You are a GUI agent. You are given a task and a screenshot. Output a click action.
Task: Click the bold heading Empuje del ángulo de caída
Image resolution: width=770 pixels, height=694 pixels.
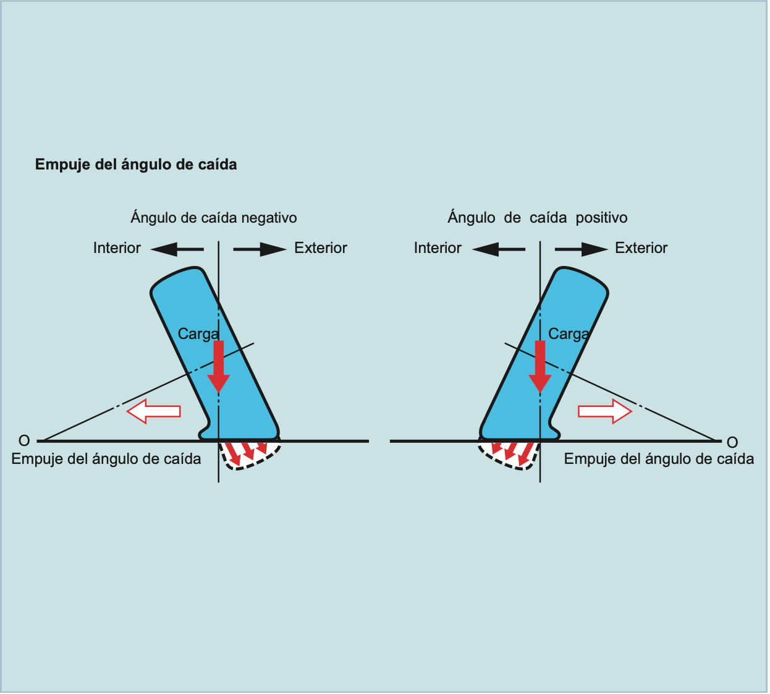tap(136, 165)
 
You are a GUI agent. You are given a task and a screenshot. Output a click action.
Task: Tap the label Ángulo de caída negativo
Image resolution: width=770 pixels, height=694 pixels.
tap(214, 218)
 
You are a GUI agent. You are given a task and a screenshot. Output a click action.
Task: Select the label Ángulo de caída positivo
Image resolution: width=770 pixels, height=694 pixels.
tap(538, 218)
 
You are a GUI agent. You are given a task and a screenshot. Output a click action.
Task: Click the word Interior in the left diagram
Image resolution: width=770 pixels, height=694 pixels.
tap(117, 248)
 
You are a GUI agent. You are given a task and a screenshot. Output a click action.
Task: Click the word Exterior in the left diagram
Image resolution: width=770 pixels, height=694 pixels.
tap(321, 248)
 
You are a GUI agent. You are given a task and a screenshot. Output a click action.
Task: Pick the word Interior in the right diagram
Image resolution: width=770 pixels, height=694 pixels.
tap(438, 248)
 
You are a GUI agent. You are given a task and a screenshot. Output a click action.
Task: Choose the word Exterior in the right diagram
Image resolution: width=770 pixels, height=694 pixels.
tap(641, 248)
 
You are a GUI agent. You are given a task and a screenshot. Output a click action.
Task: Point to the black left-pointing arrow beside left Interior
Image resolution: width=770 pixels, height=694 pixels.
tap(177, 249)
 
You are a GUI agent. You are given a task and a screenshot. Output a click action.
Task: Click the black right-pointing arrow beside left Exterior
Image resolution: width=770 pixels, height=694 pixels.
tap(260, 249)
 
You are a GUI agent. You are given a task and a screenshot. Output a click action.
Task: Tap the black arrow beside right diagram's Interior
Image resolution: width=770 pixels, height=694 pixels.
tap(498, 249)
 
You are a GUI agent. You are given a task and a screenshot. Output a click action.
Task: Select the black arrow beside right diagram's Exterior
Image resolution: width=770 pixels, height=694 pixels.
tap(581, 249)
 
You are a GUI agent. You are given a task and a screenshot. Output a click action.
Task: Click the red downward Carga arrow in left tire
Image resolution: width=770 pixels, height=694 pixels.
tap(218, 366)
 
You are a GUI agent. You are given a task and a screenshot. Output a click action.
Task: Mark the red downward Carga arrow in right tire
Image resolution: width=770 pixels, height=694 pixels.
tap(540, 366)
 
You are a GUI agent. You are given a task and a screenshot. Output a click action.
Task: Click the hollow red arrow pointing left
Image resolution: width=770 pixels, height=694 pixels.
tap(153, 411)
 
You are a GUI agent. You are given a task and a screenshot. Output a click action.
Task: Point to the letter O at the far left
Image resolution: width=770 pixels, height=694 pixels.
tap(24, 441)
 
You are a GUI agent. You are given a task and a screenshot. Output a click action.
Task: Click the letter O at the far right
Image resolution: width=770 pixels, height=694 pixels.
tap(732, 442)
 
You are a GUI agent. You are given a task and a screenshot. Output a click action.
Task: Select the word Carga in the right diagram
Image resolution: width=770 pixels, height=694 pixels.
tap(569, 334)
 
